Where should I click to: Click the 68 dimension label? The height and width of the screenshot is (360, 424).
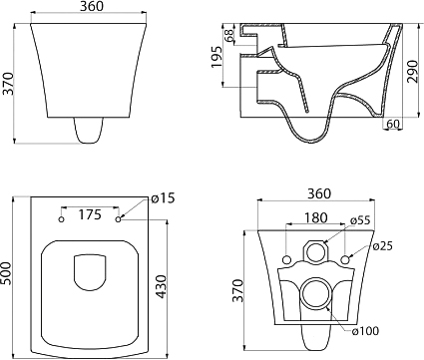click(229, 36)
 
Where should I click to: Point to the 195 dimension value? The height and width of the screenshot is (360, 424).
click(216, 57)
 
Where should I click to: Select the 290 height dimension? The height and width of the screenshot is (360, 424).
click(412, 71)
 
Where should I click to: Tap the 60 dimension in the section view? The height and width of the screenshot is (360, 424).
click(393, 124)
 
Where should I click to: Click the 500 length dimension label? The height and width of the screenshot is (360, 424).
click(6, 273)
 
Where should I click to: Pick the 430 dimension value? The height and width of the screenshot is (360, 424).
click(161, 286)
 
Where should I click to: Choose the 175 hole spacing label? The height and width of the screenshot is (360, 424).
click(90, 214)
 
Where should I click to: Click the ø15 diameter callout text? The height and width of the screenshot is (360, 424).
click(163, 198)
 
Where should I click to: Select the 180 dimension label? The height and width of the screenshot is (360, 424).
click(315, 217)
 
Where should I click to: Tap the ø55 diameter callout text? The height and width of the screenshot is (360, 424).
click(360, 220)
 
